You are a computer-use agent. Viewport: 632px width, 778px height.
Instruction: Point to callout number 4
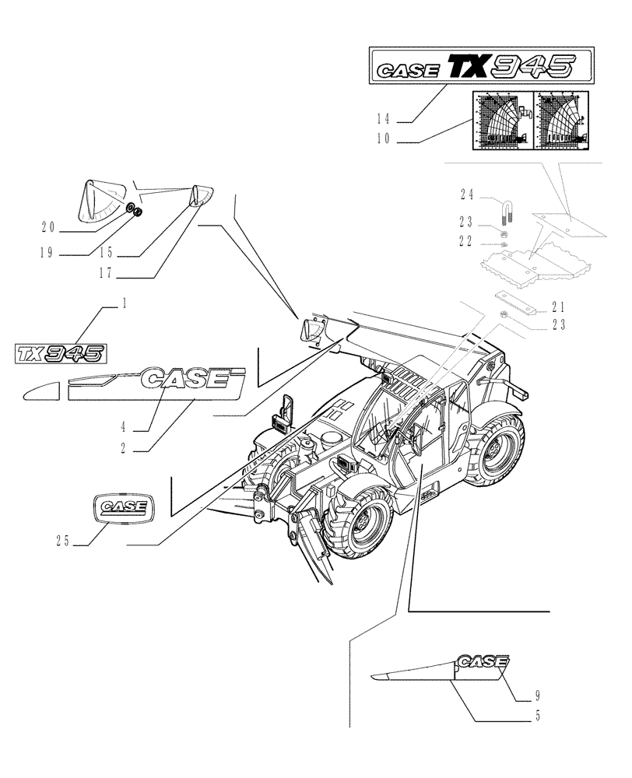123,426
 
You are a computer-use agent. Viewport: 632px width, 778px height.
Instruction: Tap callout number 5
537,716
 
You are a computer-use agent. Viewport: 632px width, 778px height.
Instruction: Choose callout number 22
466,242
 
